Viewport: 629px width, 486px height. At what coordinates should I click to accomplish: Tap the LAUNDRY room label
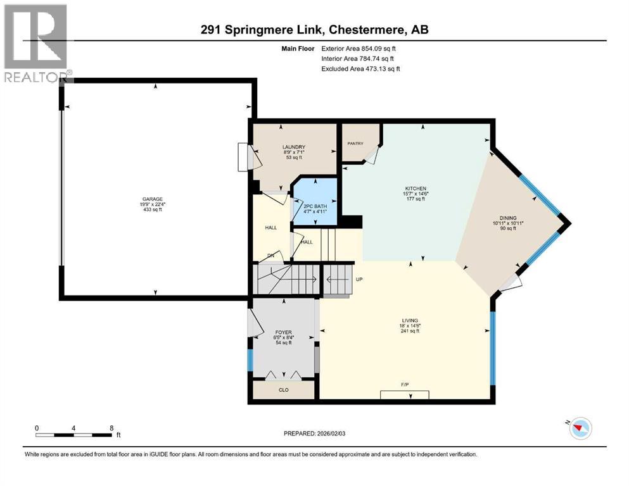(x=294, y=147)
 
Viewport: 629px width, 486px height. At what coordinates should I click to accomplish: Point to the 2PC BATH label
(x=314, y=206)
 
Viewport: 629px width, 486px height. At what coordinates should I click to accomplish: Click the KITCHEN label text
(x=416, y=189)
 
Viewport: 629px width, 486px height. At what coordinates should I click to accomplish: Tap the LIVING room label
(x=410, y=320)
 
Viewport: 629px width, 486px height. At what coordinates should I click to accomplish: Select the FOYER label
(x=283, y=332)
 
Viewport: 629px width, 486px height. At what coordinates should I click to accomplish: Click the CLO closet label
(x=283, y=390)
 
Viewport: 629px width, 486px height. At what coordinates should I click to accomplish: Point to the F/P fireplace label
(x=403, y=385)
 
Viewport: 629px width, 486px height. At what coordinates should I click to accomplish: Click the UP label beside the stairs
(x=358, y=279)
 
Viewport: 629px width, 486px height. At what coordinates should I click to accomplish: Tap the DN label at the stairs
(x=270, y=256)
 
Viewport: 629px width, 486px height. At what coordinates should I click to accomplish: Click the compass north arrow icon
(x=578, y=429)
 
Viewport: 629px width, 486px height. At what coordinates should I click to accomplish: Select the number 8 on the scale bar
(x=111, y=428)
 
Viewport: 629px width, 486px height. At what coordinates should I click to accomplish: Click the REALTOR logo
(x=37, y=44)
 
